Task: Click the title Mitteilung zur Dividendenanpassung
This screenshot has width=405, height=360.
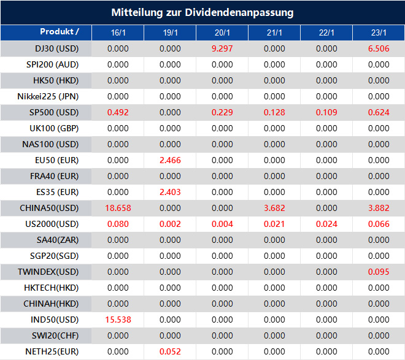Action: [x=202, y=12]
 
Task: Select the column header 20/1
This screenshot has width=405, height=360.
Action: [x=222, y=33]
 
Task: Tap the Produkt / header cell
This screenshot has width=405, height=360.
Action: [x=60, y=31]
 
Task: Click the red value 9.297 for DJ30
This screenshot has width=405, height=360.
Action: [x=222, y=48]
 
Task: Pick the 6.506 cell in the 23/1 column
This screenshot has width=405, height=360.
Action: [x=379, y=48]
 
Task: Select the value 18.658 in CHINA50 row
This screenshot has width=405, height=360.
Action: [x=118, y=208]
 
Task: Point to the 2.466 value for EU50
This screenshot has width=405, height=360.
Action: [x=170, y=160]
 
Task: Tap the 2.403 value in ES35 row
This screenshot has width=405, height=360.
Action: [x=170, y=192]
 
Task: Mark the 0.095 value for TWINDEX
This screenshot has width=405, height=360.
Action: [x=379, y=272]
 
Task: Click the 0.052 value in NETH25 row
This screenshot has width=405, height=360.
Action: [x=170, y=351]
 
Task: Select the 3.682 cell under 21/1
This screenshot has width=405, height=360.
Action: [x=274, y=208]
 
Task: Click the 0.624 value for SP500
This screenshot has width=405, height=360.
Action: [x=379, y=112]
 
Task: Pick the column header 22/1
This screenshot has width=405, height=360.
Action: [x=326, y=33]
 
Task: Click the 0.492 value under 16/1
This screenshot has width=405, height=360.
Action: [x=118, y=112]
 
